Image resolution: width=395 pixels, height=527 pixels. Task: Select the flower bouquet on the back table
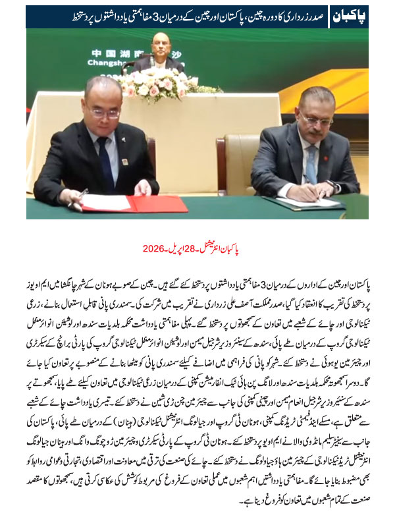tap(161, 86)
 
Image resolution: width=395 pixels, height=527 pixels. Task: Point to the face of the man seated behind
tap(157, 46)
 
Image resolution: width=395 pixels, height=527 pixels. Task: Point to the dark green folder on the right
tap(296, 203)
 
